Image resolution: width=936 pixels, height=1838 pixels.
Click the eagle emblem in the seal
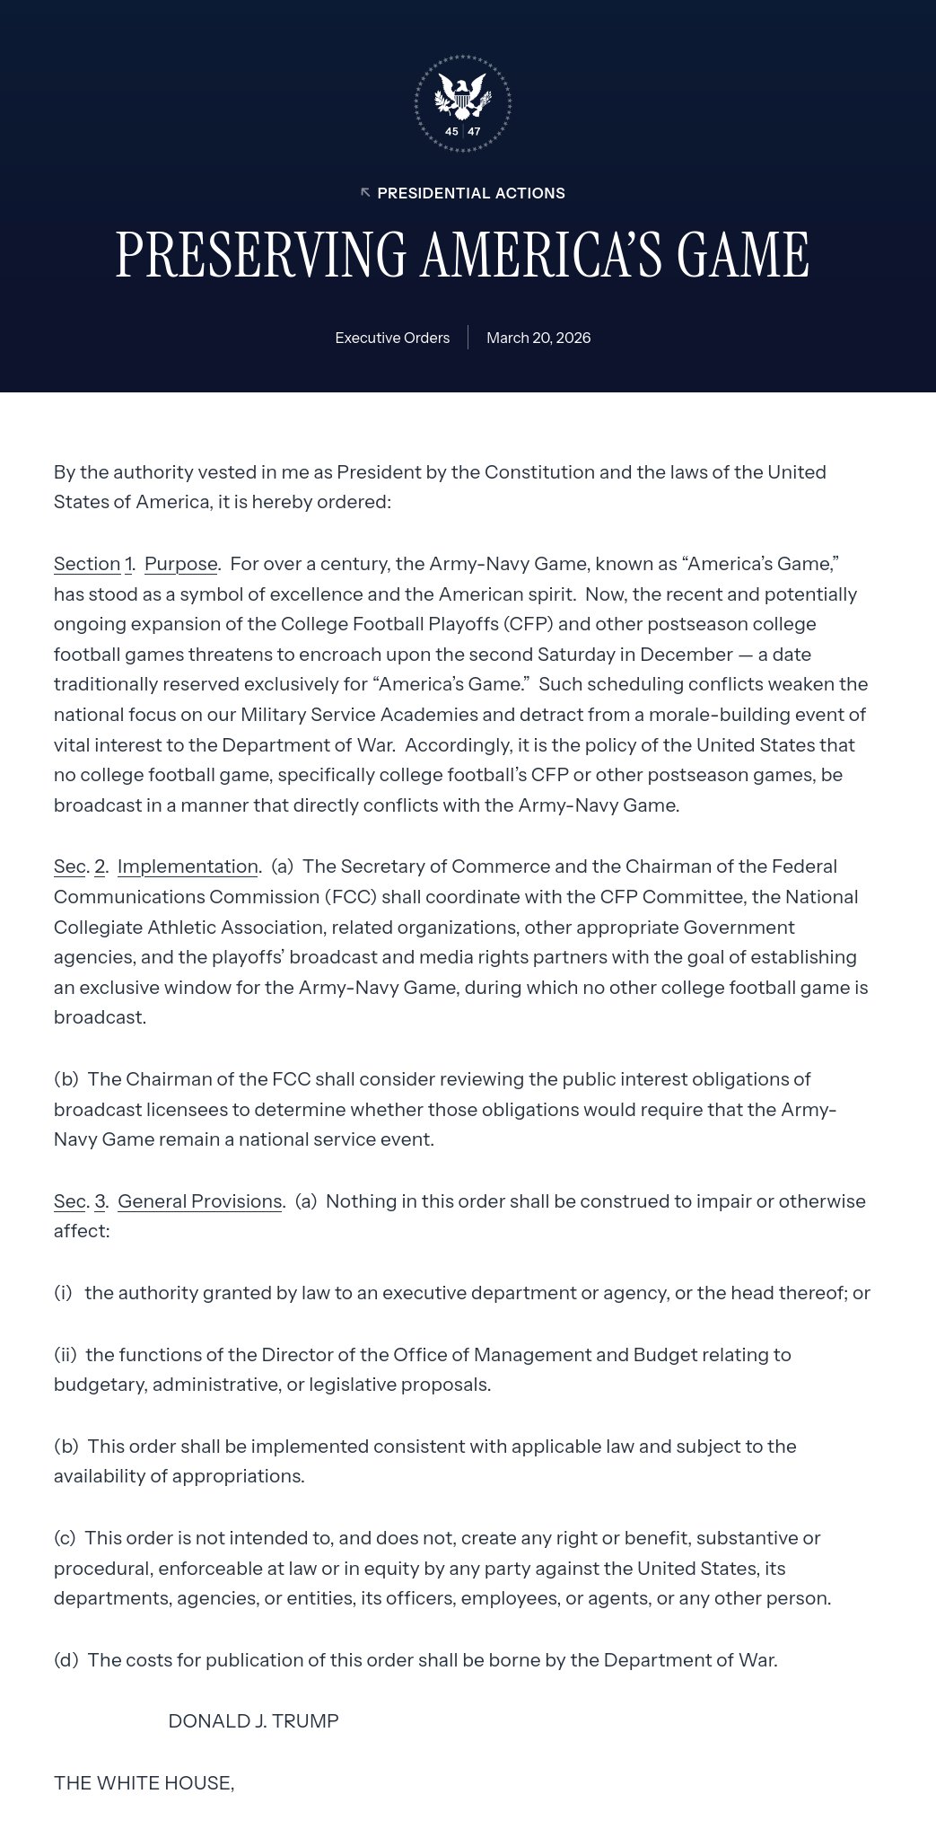(x=462, y=96)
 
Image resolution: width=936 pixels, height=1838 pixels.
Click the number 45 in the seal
(x=451, y=132)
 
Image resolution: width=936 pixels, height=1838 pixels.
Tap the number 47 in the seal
(x=475, y=132)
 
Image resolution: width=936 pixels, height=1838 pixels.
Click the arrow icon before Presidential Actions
(x=365, y=193)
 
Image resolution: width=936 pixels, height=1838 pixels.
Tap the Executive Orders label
(x=392, y=338)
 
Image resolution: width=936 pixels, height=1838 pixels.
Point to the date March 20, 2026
(x=538, y=338)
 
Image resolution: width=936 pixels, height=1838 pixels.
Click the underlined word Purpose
(x=180, y=564)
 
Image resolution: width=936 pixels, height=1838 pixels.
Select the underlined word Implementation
(x=188, y=866)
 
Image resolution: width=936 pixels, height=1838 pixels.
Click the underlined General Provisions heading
(x=200, y=1201)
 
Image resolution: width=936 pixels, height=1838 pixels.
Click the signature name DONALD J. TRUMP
(x=253, y=1721)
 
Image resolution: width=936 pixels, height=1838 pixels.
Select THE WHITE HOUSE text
(x=144, y=1783)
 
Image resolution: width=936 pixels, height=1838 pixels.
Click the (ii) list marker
(x=65, y=1354)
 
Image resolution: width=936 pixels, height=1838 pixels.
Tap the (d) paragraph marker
(x=66, y=1660)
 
